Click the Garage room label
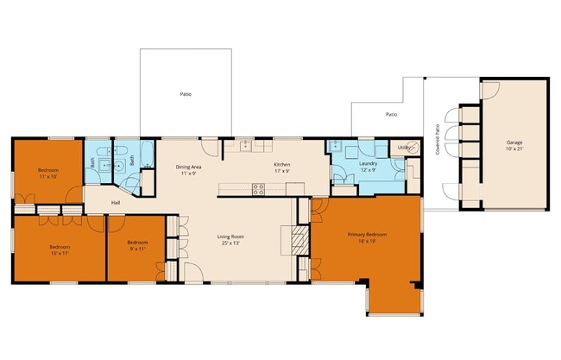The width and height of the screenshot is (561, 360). point(514,145)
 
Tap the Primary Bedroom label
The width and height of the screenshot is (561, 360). point(367,237)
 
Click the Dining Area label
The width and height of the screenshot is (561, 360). point(188,170)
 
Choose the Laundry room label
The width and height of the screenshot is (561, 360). point(368,166)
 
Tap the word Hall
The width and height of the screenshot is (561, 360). point(115,203)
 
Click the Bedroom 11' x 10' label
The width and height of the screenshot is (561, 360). point(47,173)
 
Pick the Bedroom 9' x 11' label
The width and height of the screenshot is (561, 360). point(137,246)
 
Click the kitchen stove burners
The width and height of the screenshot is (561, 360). point(257,188)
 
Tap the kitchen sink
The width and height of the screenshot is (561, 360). point(245,145)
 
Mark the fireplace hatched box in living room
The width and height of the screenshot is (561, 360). point(299,240)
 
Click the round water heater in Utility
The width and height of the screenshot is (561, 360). point(411,164)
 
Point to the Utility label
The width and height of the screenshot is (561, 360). point(404,148)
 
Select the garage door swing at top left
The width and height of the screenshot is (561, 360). point(489,90)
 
